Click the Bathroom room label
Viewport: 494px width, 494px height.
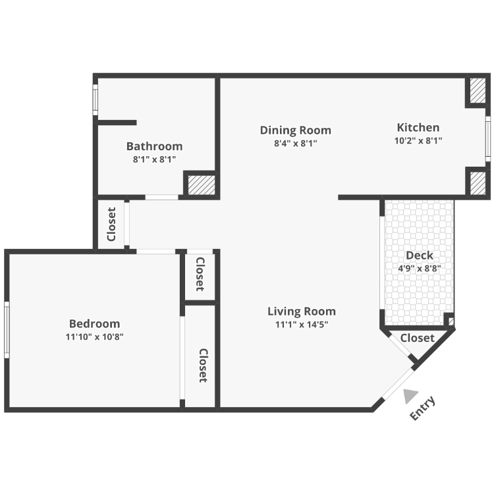click(x=154, y=146)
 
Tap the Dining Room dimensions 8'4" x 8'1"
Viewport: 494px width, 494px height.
click(x=296, y=144)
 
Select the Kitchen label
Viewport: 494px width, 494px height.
click(x=418, y=127)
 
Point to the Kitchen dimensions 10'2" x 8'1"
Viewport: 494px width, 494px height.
click(x=418, y=140)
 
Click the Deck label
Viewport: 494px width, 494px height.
click(x=420, y=255)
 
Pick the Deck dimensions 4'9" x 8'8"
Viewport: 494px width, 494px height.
click(x=420, y=269)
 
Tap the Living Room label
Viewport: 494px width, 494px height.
click(x=302, y=312)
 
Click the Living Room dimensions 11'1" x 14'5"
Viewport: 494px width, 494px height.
click(x=302, y=324)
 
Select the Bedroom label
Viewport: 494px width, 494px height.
click(x=94, y=323)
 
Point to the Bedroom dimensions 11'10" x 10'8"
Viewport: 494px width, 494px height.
click(x=94, y=337)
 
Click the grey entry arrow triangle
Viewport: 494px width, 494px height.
click(x=410, y=395)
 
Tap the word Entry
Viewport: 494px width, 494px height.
click(x=423, y=408)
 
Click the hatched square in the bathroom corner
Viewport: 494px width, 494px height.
click(x=202, y=185)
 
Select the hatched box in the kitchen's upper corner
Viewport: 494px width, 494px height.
click(x=478, y=90)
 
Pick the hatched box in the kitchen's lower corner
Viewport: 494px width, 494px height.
click(x=478, y=182)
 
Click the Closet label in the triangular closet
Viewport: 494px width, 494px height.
click(x=418, y=338)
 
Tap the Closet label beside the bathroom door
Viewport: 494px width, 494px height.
click(x=111, y=224)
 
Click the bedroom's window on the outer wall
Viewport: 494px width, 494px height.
click(x=7, y=329)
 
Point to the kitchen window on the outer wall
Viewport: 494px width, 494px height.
click(x=488, y=138)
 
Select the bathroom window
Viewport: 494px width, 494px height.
click(x=95, y=99)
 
